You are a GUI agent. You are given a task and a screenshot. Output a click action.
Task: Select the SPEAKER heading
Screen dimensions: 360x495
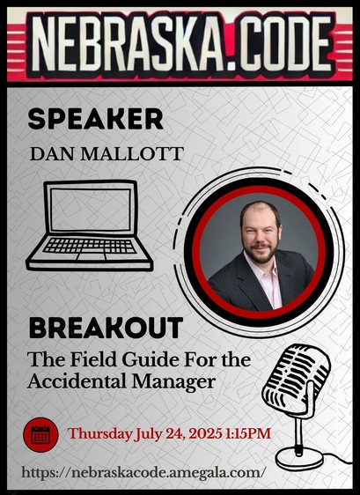coord(95,119)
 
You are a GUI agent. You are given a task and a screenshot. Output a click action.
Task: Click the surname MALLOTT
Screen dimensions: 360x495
coord(132,154)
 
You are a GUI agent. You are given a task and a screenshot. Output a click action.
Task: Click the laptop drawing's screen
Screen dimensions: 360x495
coord(91,210)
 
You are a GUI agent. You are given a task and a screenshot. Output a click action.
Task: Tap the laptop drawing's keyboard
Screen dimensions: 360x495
coord(90,246)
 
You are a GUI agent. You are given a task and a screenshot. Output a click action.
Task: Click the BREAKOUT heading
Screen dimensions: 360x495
coord(106,328)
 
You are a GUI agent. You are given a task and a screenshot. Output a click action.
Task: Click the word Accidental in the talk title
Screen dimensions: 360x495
coord(77,381)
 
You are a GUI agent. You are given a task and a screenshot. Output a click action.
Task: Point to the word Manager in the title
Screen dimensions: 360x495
coord(174,382)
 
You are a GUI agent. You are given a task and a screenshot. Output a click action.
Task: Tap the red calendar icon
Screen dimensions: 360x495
coord(40,435)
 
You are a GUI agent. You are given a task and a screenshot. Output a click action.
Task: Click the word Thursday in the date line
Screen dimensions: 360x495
coord(99,434)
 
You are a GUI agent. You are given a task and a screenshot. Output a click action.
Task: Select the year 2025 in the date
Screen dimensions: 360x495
coord(205,433)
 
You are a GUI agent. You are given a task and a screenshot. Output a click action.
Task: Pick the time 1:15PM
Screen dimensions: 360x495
coord(248,433)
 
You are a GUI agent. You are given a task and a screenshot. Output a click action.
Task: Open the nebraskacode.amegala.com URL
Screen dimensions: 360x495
coord(142,473)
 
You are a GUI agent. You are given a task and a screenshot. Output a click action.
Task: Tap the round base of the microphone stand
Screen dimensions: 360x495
coord(299,458)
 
